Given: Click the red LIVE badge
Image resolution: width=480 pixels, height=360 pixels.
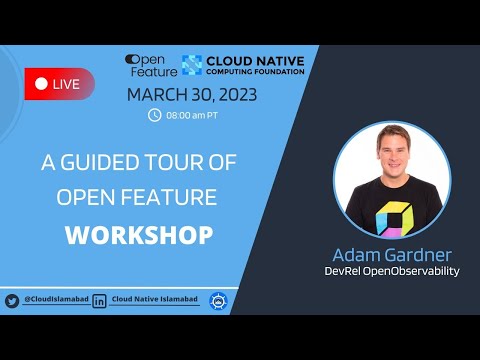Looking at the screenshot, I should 59,84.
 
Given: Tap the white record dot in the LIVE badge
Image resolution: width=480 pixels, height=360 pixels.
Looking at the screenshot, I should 41,84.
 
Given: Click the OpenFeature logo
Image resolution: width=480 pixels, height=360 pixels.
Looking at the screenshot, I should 151,65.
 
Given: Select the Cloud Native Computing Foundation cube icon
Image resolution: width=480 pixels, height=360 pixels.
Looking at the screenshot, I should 191,64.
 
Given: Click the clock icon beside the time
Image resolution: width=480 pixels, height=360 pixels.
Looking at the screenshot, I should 154,114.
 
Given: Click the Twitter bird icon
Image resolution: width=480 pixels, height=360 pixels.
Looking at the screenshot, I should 12,300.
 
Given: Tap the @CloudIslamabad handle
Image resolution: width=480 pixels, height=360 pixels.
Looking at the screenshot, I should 55,300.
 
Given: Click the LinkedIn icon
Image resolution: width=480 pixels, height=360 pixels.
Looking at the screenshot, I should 100,300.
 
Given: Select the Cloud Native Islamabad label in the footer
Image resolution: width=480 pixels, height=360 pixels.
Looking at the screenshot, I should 156,300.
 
